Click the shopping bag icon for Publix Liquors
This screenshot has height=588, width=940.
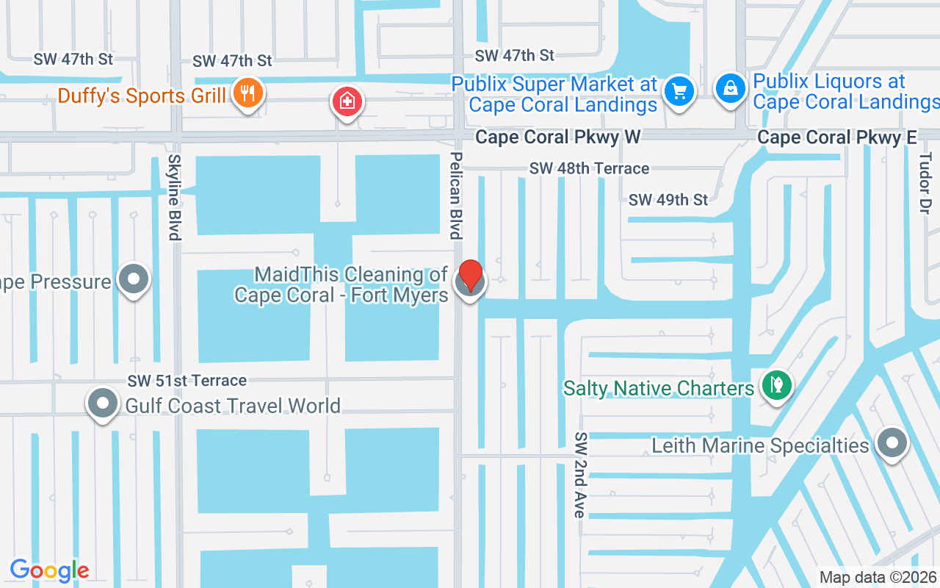click(730, 89)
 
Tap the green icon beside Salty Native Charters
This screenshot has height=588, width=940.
click(775, 384)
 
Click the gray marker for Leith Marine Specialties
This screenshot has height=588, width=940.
click(892, 443)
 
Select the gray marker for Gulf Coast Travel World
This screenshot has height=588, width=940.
click(103, 404)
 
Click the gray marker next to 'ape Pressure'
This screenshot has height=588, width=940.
click(134, 279)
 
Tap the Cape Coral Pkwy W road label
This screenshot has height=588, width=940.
click(557, 137)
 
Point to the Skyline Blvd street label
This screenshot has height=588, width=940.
click(174, 197)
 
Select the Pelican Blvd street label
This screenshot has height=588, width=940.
click(457, 196)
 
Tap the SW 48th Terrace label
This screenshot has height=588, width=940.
click(589, 169)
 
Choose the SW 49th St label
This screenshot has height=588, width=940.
click(668, 200)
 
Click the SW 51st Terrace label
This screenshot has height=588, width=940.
click(187, 381)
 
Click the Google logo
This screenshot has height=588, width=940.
click(49, 570)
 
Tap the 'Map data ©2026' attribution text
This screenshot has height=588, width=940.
click(878, 577)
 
